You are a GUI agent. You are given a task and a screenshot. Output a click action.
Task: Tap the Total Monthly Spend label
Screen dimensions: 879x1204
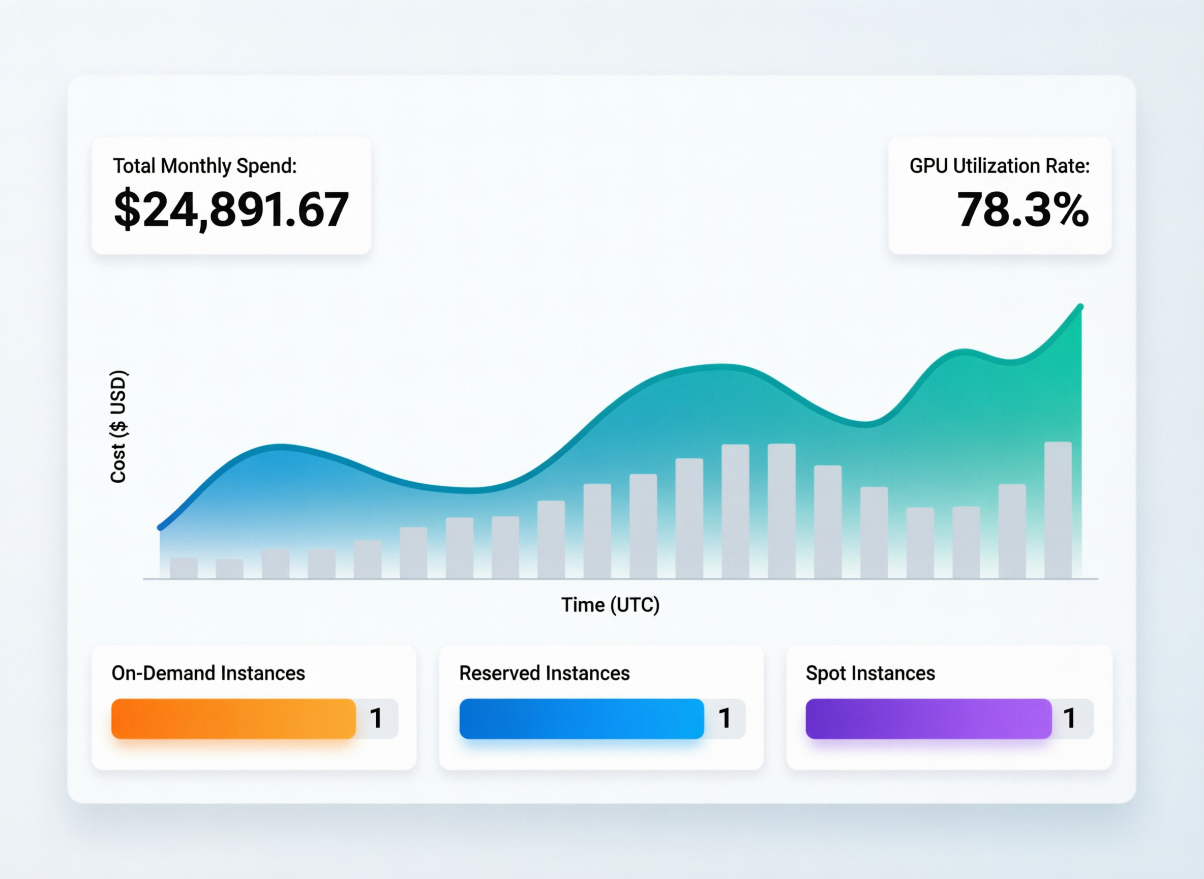tap(205, 166)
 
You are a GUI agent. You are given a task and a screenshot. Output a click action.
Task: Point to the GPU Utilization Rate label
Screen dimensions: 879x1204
tap(999, 166)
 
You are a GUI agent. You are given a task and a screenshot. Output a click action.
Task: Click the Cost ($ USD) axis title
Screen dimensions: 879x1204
tap(118, 426)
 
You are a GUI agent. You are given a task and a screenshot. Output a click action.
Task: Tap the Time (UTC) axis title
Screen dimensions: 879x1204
tap(610, 605)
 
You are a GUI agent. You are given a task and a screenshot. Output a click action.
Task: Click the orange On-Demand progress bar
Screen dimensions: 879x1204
tap(233, 718)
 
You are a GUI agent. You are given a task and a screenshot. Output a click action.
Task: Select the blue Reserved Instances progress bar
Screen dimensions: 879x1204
tap(581, 718)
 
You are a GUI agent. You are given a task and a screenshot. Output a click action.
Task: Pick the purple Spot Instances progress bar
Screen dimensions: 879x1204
tap(928, 718)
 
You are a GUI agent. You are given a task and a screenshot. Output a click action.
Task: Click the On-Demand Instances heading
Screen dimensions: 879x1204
tap(208, 673)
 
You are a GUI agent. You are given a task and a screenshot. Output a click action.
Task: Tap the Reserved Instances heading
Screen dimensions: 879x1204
tap(544, 673)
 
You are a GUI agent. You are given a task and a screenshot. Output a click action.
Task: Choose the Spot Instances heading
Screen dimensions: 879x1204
tap(870, 673)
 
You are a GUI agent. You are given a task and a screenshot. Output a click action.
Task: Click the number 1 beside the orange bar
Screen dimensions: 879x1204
tap(376, 718)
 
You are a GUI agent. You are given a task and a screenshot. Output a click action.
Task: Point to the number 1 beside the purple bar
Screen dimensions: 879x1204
tap(1070, 718)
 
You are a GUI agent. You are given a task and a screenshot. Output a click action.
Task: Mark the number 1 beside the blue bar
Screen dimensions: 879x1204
tap(725, 718)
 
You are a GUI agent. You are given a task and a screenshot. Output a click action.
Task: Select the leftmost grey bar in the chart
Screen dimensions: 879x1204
tap(184, 568)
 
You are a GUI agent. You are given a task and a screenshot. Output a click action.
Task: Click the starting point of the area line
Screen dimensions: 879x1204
tap(160, 528)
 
